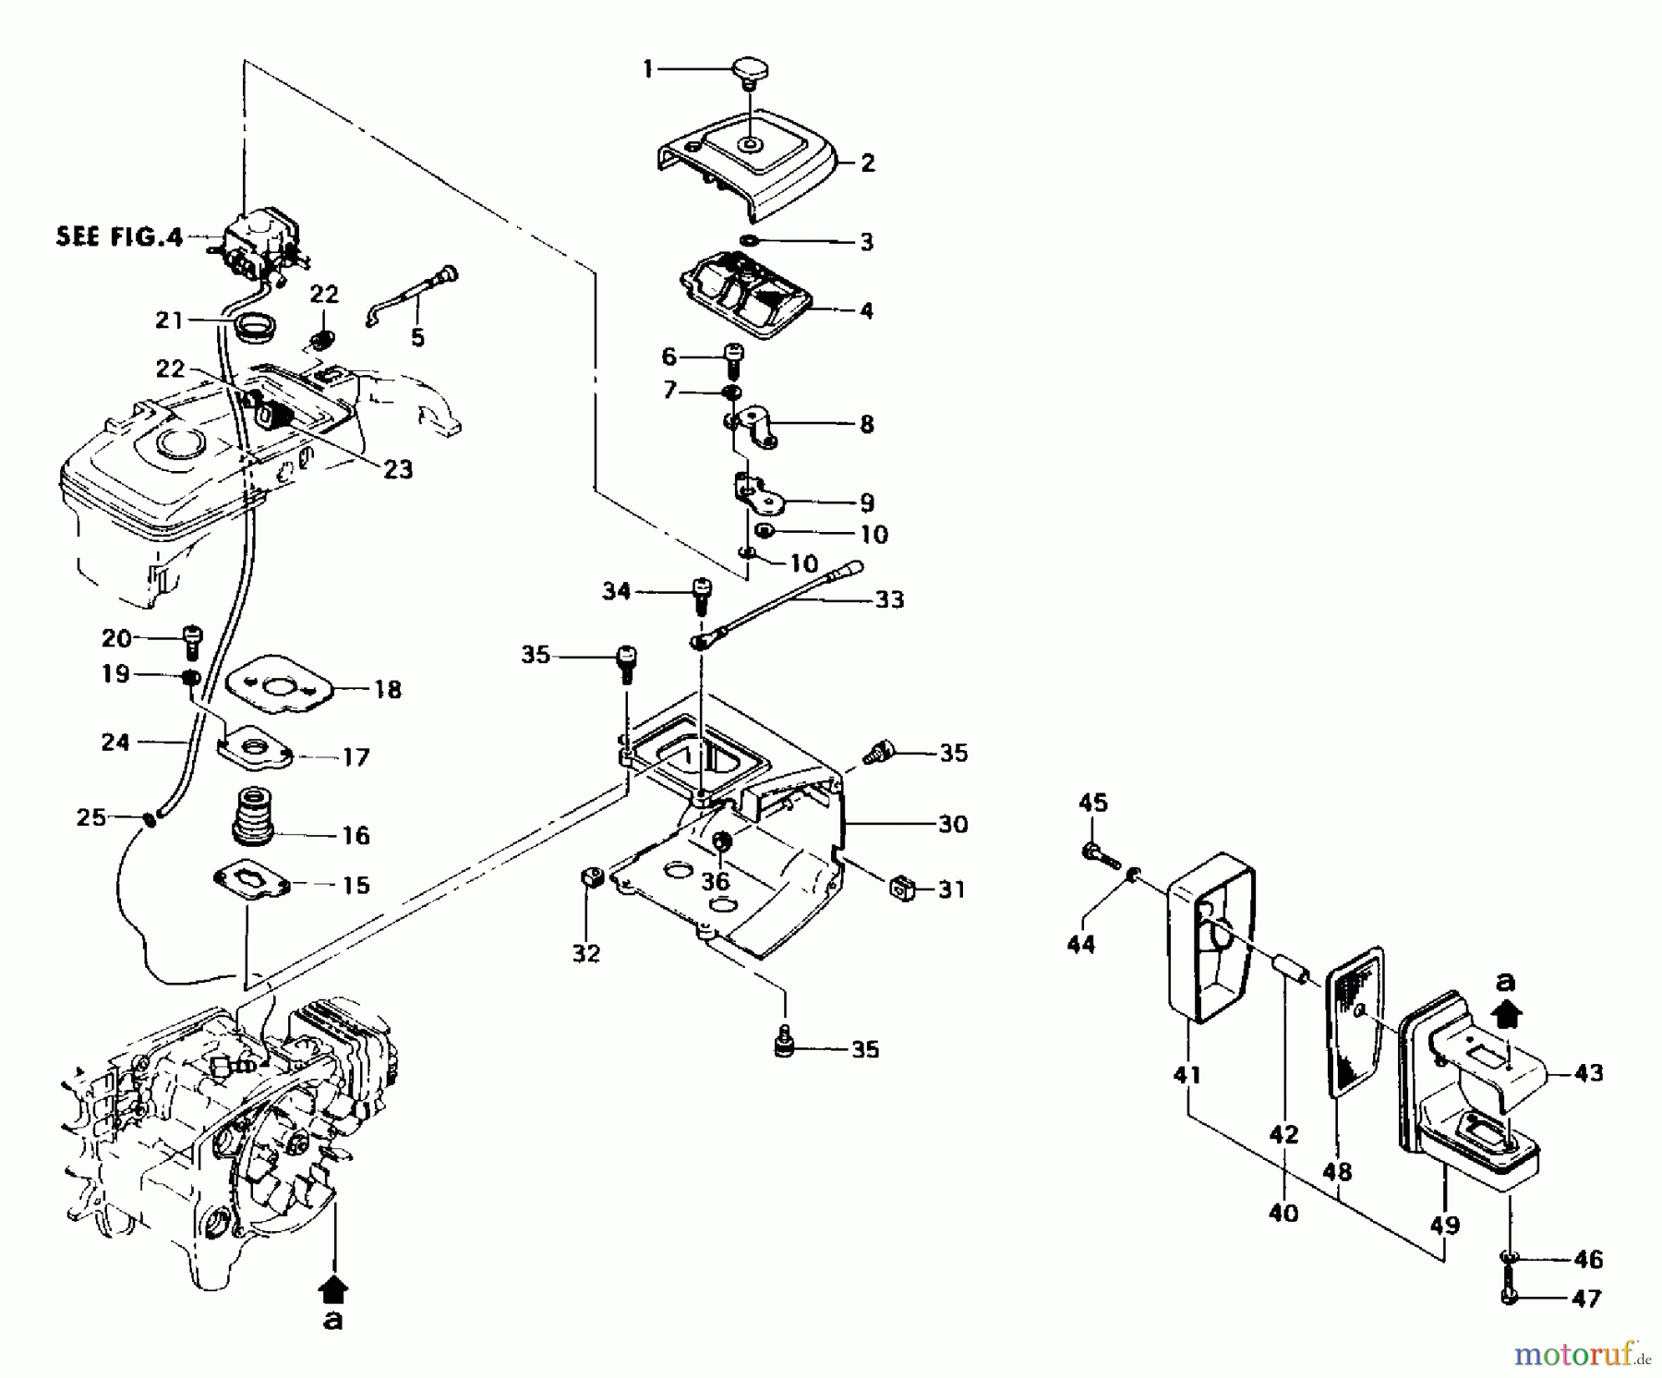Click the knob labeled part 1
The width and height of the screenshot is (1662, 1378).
752,71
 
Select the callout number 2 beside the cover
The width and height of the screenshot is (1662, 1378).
867,163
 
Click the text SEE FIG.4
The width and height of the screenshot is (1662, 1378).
120,236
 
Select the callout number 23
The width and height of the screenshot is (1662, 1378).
398,469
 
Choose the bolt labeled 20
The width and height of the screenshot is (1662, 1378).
192,640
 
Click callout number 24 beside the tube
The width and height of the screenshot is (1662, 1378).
115,742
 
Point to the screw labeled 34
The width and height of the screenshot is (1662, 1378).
702,594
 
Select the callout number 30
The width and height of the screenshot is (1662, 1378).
953,824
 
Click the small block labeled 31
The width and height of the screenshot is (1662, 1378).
901,889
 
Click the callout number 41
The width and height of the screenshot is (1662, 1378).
1186,1075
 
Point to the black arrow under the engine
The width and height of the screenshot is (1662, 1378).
333,1286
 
